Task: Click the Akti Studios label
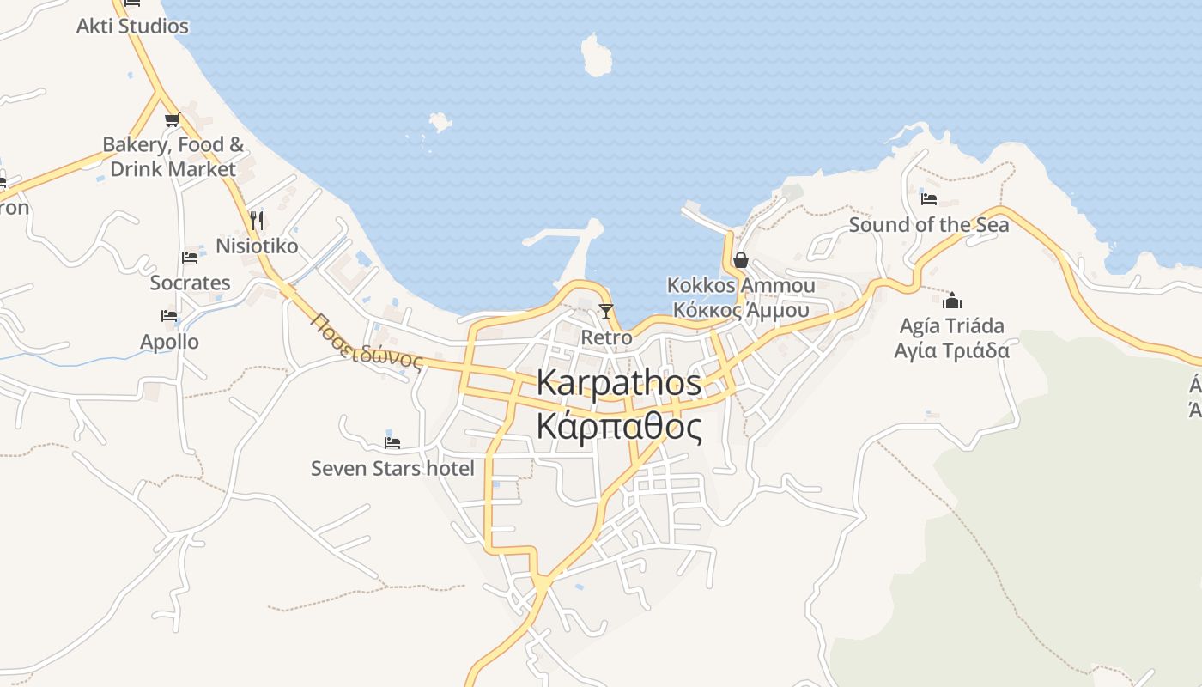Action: click(132, 26)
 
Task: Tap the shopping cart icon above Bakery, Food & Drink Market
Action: click(172, 119)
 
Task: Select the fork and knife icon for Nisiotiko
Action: click(256, 220)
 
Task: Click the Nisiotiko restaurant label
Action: click(257, 246)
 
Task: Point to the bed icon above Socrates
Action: click(190, 257)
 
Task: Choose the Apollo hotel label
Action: click(169, 342)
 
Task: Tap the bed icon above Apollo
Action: click(169, 316)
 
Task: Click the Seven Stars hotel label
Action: click(392, 468)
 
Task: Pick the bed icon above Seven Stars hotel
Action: click(392, 443)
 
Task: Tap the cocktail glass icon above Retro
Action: click(606, 311)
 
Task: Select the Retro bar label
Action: click(606, 337)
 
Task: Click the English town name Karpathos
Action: click(618, 383)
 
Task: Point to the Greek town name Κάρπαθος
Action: click(618, 426)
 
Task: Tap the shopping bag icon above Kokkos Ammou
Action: click(740, 260)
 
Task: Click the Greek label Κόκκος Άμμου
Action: click(741, 310)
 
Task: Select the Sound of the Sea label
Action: click(929, 225)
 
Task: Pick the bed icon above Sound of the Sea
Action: click(928, 199)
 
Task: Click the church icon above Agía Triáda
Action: click(951, 301)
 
